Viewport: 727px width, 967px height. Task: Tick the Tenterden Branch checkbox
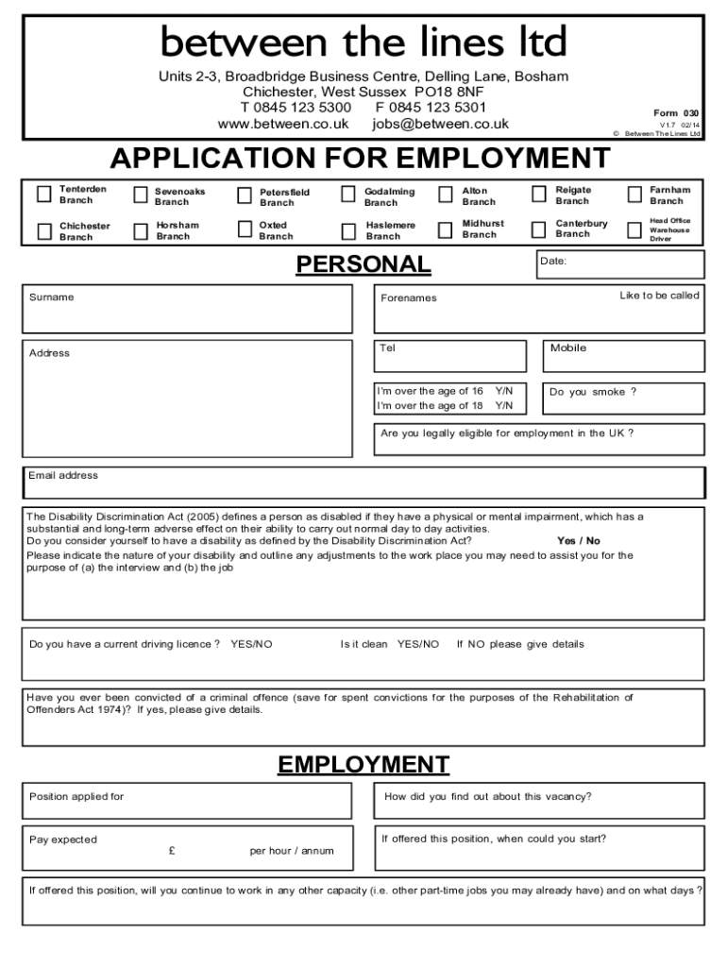coord(43,195)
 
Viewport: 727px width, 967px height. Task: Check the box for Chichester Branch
coord(43,231)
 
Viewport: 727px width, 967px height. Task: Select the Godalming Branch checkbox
coord(348,195)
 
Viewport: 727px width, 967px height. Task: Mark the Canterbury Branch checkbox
coord(539,229)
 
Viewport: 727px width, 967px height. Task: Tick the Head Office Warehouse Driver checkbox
coord(634,229)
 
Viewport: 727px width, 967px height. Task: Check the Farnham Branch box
coord(634,195)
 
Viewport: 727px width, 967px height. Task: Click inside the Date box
coord(619,264)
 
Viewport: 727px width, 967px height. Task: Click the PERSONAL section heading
coord(363,265)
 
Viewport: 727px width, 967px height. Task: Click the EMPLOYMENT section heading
coord(363,765)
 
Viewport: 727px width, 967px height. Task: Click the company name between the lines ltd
coord(363,42)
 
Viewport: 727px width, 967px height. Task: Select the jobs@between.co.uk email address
coord(440,124)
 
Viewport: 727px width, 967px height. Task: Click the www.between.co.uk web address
coord(283,124)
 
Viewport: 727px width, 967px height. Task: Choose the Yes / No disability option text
coord(578,541)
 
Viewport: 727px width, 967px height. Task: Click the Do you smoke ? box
coord(623,399)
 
